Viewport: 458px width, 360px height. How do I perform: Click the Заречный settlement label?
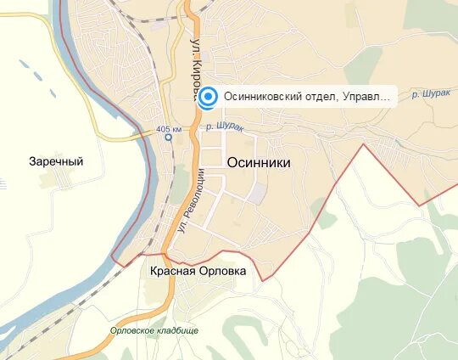[56, 161]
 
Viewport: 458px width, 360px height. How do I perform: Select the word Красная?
[172, 271]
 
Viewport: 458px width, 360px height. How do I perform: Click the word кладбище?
[177, 331]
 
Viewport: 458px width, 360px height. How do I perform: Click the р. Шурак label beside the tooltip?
[430, 93]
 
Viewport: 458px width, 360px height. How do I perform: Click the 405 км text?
[168, 129]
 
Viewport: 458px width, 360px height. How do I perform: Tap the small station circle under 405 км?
[168, 137]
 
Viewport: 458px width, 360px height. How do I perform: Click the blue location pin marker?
[209, 97]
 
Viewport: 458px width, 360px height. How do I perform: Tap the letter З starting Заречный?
[32, 161]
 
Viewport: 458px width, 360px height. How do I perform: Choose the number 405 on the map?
[164, 129]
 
